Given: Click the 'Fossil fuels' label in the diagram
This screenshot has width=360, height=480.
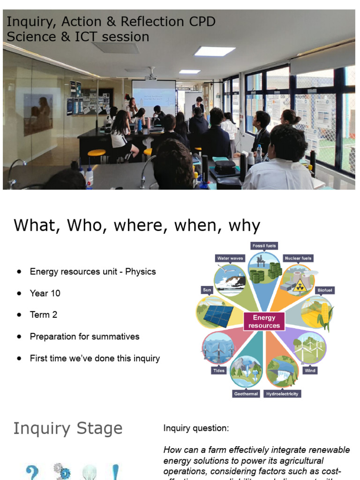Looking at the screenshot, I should coord(264,246).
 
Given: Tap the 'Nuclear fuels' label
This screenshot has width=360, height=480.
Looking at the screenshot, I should coord(298,258).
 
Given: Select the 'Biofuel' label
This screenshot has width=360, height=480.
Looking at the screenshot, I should coord(324,290).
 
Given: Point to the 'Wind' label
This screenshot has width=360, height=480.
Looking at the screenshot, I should coord(310,370).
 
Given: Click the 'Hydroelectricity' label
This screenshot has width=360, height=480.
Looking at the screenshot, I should coord(282,394).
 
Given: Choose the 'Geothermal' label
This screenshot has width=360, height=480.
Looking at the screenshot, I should coord(246,394).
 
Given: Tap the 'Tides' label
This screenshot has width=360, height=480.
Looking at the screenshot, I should coord(219,370).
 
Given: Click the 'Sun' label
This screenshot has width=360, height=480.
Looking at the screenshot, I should coord(207,290).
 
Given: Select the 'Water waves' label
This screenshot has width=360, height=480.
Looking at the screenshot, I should coord(230,258).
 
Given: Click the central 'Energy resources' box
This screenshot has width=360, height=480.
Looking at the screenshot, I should coord(264,322).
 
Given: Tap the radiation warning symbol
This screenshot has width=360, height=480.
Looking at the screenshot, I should coord(299,286).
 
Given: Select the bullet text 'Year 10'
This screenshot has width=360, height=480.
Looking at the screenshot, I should coord(45,293).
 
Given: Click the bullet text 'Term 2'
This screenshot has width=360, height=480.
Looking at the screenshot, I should coord(44,315).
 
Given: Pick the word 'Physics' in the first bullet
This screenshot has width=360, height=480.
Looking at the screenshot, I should coord(140,272).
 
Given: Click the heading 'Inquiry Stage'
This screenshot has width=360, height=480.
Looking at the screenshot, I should coord(67,428).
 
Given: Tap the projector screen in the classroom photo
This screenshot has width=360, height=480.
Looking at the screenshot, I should coord(153,97).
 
